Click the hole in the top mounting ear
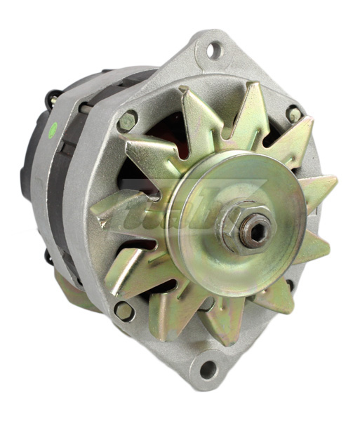pos(215,50)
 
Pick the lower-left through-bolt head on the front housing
pos(123,309)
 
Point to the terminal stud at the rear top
pos(52,98)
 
